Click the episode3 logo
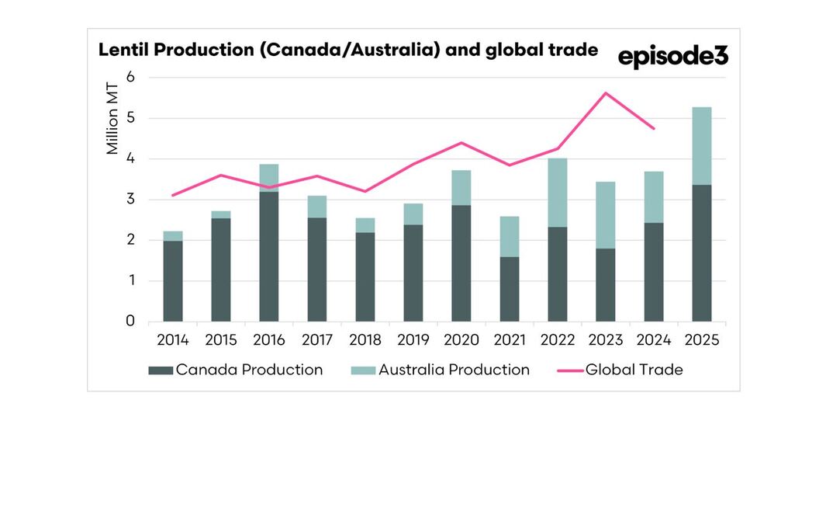(x=672, y=57)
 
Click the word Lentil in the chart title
(x=120, y=50)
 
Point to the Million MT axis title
(x=113, y=120)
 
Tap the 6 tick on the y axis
(x=130, y=78)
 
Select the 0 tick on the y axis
(x=130, y=322)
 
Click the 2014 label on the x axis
(x=172, y=340)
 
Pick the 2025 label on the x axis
(x=701, y=340)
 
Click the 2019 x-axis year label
(x=413, y=340)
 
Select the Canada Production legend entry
(x=236, y=370)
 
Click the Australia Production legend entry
(x=444, y=370)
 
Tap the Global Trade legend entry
(x=620, y=370)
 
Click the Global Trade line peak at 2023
(x=605, y=93)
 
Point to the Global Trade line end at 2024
(x=653, y=128)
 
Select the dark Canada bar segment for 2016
(x=268, y=256)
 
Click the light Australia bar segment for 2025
(x=701, y=146)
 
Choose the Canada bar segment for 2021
(x=509, y=289)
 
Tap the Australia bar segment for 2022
(x=557, y=193)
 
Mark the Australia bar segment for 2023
(x=605, y=215)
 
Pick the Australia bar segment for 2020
(x=461, y=188)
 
